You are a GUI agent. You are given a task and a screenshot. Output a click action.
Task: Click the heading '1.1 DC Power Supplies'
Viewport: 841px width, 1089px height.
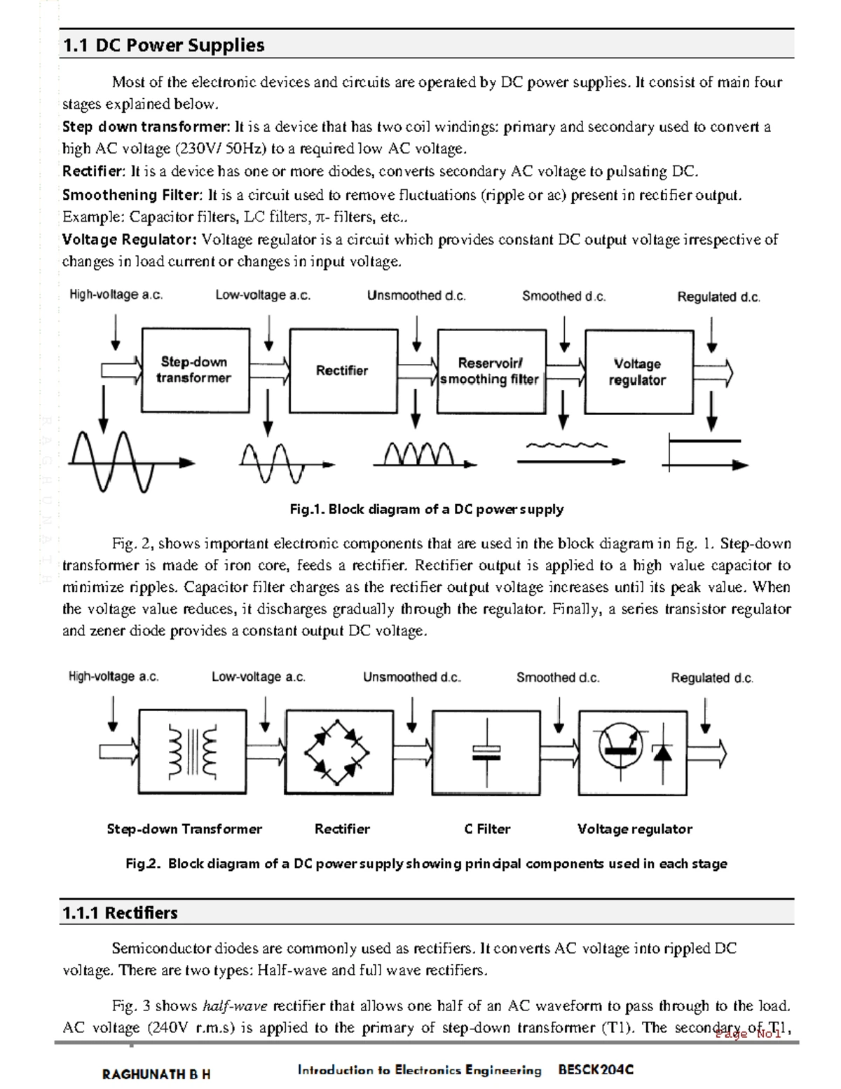point(163,46)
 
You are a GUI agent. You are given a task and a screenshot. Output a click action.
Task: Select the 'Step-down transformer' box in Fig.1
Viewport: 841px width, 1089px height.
point(195,370)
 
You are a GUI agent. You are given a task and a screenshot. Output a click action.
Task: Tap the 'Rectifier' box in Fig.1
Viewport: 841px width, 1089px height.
point(343,371)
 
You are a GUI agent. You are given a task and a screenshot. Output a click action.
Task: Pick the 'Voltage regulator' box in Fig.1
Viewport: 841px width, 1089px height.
point(638,372)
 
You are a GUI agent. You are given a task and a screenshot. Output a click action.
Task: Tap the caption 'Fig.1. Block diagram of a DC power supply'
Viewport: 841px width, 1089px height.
point(426,509)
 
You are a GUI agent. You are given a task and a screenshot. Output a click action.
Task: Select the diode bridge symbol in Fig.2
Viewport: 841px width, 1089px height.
point(337,753)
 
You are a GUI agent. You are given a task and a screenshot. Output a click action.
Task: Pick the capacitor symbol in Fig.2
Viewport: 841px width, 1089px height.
point(486,753)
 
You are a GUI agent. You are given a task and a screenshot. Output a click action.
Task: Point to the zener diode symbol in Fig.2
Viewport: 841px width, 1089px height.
point(662,753)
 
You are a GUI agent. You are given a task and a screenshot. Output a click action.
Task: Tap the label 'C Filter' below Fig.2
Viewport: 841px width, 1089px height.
point(487,829)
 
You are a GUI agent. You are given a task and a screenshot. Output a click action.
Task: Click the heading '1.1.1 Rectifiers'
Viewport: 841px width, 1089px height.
point(120,912)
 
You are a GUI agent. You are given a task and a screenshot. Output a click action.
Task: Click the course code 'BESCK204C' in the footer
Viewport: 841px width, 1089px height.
point(596,1069)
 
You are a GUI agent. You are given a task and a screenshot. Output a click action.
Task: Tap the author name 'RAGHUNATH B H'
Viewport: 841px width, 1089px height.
point(156,1074)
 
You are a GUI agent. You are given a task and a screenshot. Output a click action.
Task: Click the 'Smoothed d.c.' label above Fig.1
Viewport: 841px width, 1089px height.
point(563,296)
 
